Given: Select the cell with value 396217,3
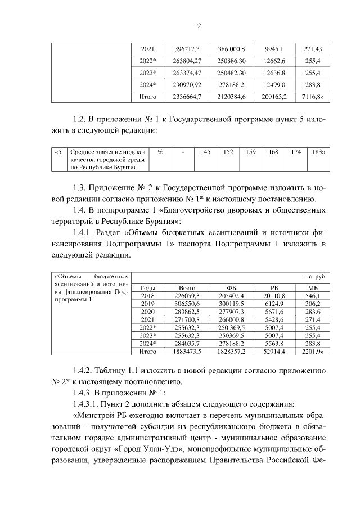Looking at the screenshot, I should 185,49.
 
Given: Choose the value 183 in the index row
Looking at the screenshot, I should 317,151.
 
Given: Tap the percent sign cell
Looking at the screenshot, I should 160,151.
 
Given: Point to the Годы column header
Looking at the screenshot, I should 147,287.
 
